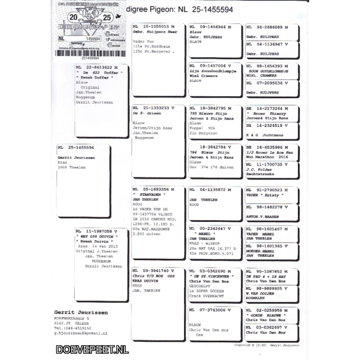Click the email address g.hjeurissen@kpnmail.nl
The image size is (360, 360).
pyautogui.click(x=81, y=333)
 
